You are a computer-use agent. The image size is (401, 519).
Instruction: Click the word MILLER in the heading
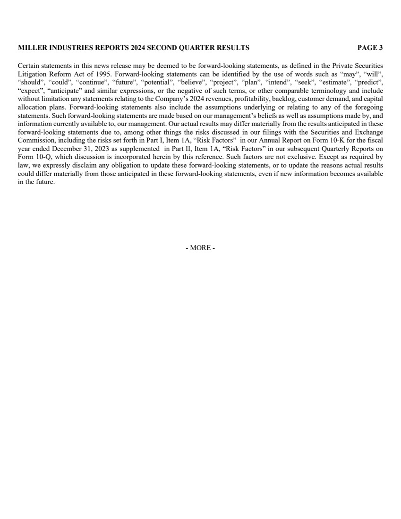(30, 48)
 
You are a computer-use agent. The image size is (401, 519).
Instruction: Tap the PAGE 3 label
(370, 48)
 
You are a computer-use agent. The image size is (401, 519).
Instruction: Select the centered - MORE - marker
(200, 248)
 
